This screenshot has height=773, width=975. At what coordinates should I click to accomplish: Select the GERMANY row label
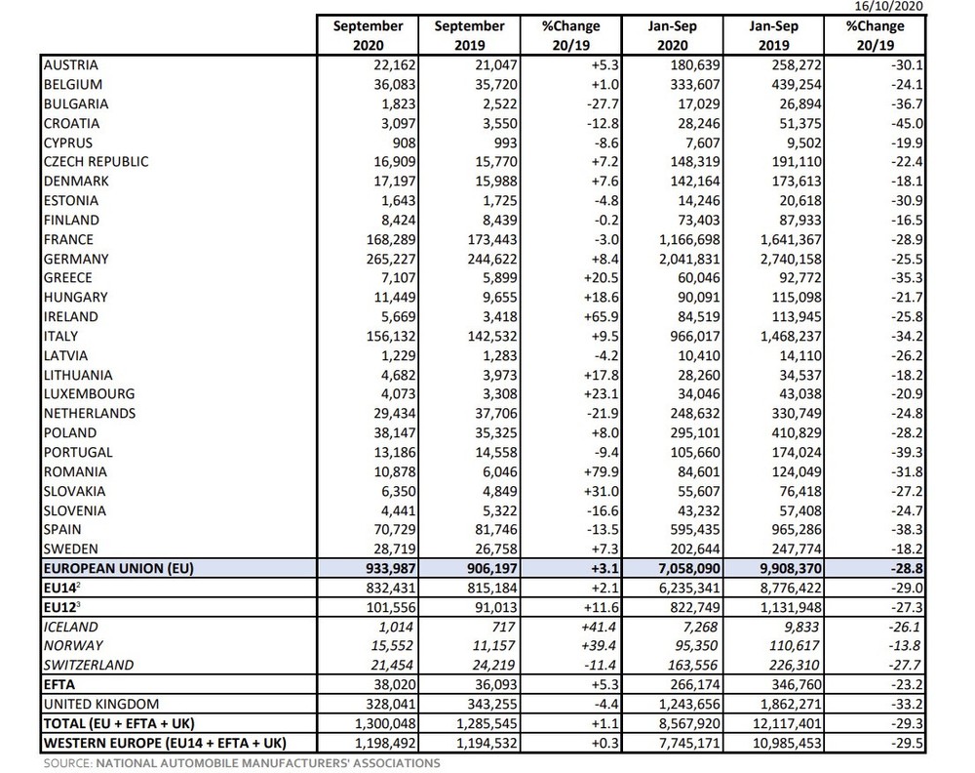point(75,259)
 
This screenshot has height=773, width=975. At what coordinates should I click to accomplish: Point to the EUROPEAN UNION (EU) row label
point(118,568)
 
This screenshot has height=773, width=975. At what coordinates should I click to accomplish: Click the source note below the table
point(242,763)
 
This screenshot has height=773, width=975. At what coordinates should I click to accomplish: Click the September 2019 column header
point(470,35)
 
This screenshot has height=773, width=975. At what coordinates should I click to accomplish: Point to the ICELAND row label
point(71,627)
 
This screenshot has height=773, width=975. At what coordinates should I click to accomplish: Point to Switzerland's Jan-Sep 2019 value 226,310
point(789,666)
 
